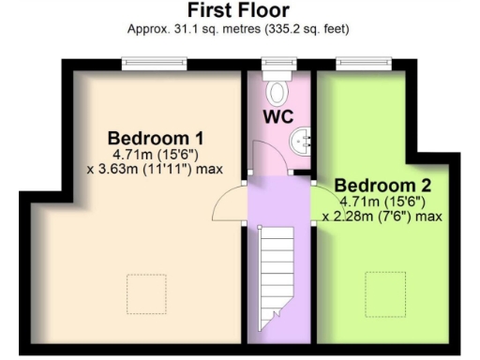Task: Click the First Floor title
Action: click(238, 10)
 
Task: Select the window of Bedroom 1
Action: click(154, 64)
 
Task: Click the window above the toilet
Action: click(278, 64)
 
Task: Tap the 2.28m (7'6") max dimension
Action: click(382, 216)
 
